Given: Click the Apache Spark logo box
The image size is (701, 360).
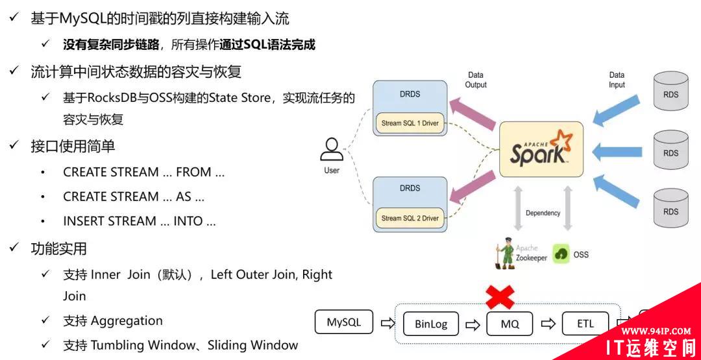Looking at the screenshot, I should pos(541,149).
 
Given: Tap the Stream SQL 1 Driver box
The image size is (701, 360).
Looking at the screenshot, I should pos(410,123).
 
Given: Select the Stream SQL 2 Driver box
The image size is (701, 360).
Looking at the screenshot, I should pos(410,218).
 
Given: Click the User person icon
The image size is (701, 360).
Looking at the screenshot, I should pos(332,150).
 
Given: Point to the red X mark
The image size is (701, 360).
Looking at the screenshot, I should pos(500,298).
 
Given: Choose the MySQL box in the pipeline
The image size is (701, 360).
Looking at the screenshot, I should pos(343,322).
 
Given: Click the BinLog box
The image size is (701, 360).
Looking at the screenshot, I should pos(430,324).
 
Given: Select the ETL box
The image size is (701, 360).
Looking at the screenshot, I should pos(585,324).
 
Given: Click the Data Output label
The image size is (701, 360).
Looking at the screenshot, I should pos(476,80).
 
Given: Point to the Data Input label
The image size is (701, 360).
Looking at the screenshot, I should pos(617,80).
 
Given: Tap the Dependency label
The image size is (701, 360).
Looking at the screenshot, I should pos(543,213).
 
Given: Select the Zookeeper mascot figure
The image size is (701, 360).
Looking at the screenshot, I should pos(504,254).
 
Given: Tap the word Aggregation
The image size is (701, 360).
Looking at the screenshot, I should pos(127,321).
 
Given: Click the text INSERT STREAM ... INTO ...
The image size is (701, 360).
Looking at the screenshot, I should pos(140,221).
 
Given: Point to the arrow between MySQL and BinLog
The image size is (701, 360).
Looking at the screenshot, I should pos(387,323).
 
